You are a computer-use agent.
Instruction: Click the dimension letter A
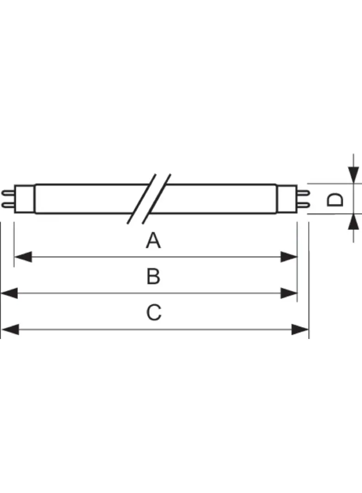[x=153, y=241]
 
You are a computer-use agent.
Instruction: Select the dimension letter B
[x=153, y=277]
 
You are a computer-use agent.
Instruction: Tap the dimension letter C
[x=154, y=313]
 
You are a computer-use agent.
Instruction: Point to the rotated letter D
[x=336, y=199]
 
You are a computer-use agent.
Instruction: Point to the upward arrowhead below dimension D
[x=353, y=222]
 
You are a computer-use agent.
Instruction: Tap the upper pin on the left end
[x=8, y=192]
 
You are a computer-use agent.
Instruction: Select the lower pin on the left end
[x=8, y=205]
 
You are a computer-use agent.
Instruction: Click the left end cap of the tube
[x=25, y=199]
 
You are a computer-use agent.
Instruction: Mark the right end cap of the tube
[x=286, y=199]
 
